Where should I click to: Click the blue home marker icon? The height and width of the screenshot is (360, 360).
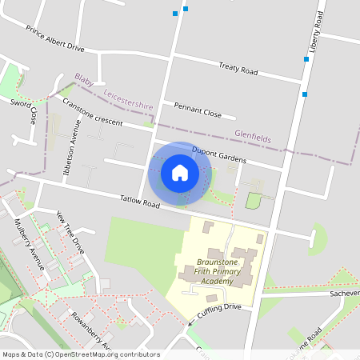pos(180,172)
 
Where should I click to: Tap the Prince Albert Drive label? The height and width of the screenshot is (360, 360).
pos(54,38)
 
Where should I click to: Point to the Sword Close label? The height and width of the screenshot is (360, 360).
pos(25,110)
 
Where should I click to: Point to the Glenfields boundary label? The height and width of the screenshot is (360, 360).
pos(253,137)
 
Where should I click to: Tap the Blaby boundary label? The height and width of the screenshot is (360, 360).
pos(83,80)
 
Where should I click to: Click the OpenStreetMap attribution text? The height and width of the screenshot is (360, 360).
pos(80,354)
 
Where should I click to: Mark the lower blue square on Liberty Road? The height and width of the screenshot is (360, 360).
pos(305,94)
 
